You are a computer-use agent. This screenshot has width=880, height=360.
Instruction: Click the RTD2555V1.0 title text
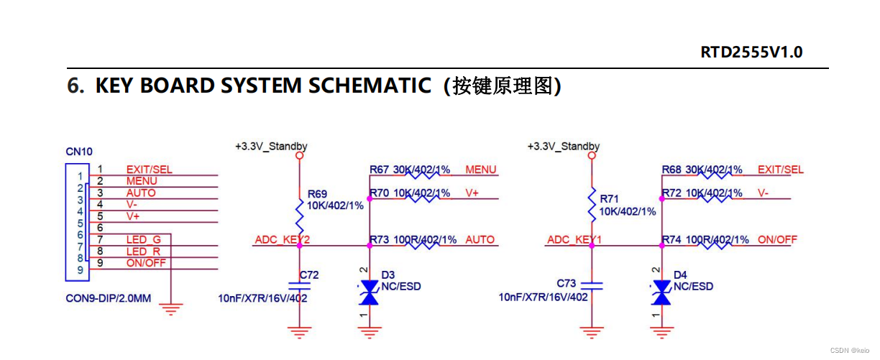[x=751, y=52]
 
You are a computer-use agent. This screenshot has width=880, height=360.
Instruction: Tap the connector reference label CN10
[x=79, y=152]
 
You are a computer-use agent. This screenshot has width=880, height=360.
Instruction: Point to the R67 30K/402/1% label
[x=410, y=170]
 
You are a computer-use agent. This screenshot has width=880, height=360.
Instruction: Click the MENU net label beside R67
[x=481, y=170]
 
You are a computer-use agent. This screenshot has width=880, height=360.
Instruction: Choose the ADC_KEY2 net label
[x=282, y=239]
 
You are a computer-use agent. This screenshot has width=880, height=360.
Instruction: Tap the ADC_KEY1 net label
[x=574, y=239]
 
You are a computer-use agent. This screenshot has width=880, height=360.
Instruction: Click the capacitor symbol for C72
[x=300, y=285]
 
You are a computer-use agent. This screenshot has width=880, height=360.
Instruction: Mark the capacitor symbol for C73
[x=592, y=285]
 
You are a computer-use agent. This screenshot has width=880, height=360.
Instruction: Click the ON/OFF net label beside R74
[x=777, y=239]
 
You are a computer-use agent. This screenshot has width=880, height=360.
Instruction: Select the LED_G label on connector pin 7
[x=144, y=239]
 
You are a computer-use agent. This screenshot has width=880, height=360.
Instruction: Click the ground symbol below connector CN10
[x=171, y=309]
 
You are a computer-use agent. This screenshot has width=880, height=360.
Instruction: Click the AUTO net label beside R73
[x=480, y=239]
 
